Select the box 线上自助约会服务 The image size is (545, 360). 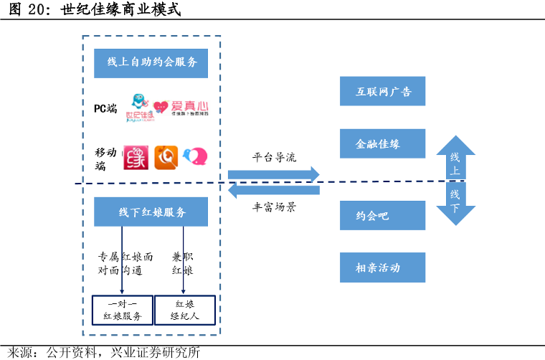pos(151,63)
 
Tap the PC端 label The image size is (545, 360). pos(105,108)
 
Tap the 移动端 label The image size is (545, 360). pos(105,159)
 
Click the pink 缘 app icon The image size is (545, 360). pos(136,158)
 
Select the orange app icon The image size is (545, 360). pos(166,158)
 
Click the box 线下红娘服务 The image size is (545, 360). pos(151,212)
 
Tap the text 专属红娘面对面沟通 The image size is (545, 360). pos(125,264)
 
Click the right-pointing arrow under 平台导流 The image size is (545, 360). pos(273,174)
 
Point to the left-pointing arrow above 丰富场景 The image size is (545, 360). pos(273,191)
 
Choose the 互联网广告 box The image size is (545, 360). pos(383,92)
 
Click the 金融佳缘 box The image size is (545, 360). pos(383,144)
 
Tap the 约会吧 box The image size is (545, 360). pos(383,215)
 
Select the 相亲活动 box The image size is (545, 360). pos(383,268)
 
